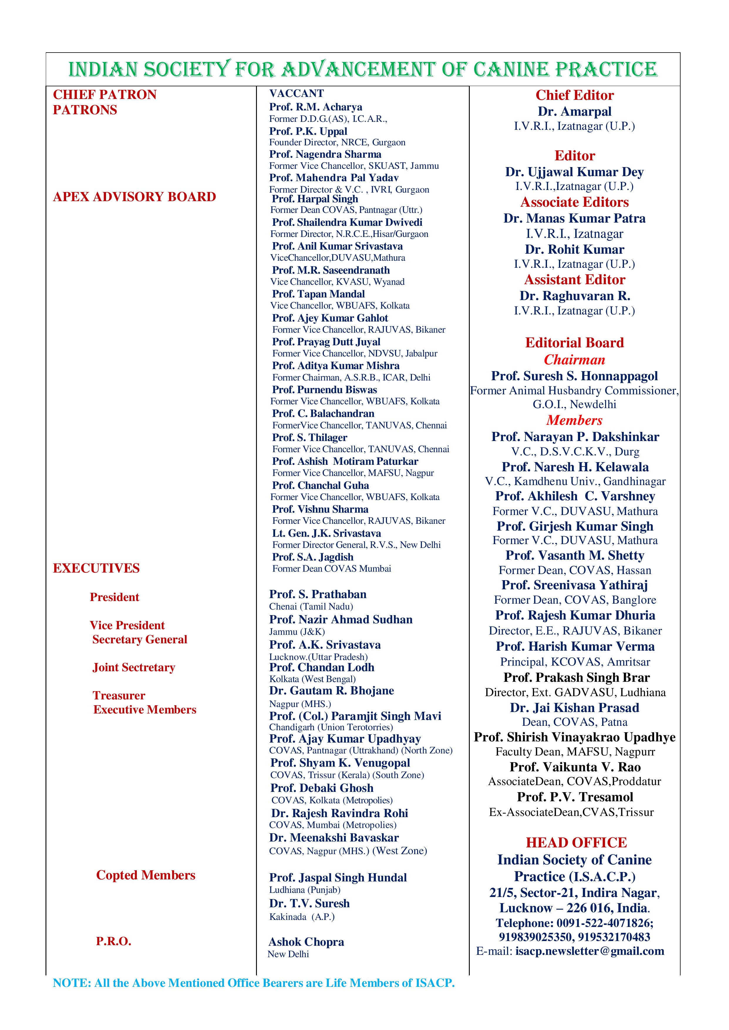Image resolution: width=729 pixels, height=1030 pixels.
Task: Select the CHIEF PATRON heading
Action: (x=105, y=95)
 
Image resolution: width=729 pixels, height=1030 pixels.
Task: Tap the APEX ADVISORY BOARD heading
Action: (x=134, y=197)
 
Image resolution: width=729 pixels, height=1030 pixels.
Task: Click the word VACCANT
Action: (x=296, y=93)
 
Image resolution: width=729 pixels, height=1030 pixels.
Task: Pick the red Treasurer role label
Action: (x=119, y=695)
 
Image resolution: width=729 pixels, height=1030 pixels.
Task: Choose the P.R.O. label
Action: (x=114, y=941)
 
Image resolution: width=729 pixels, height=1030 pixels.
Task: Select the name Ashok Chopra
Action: (x=306, y=942)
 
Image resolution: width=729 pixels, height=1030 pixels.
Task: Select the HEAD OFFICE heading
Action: (x=576, y=842)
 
